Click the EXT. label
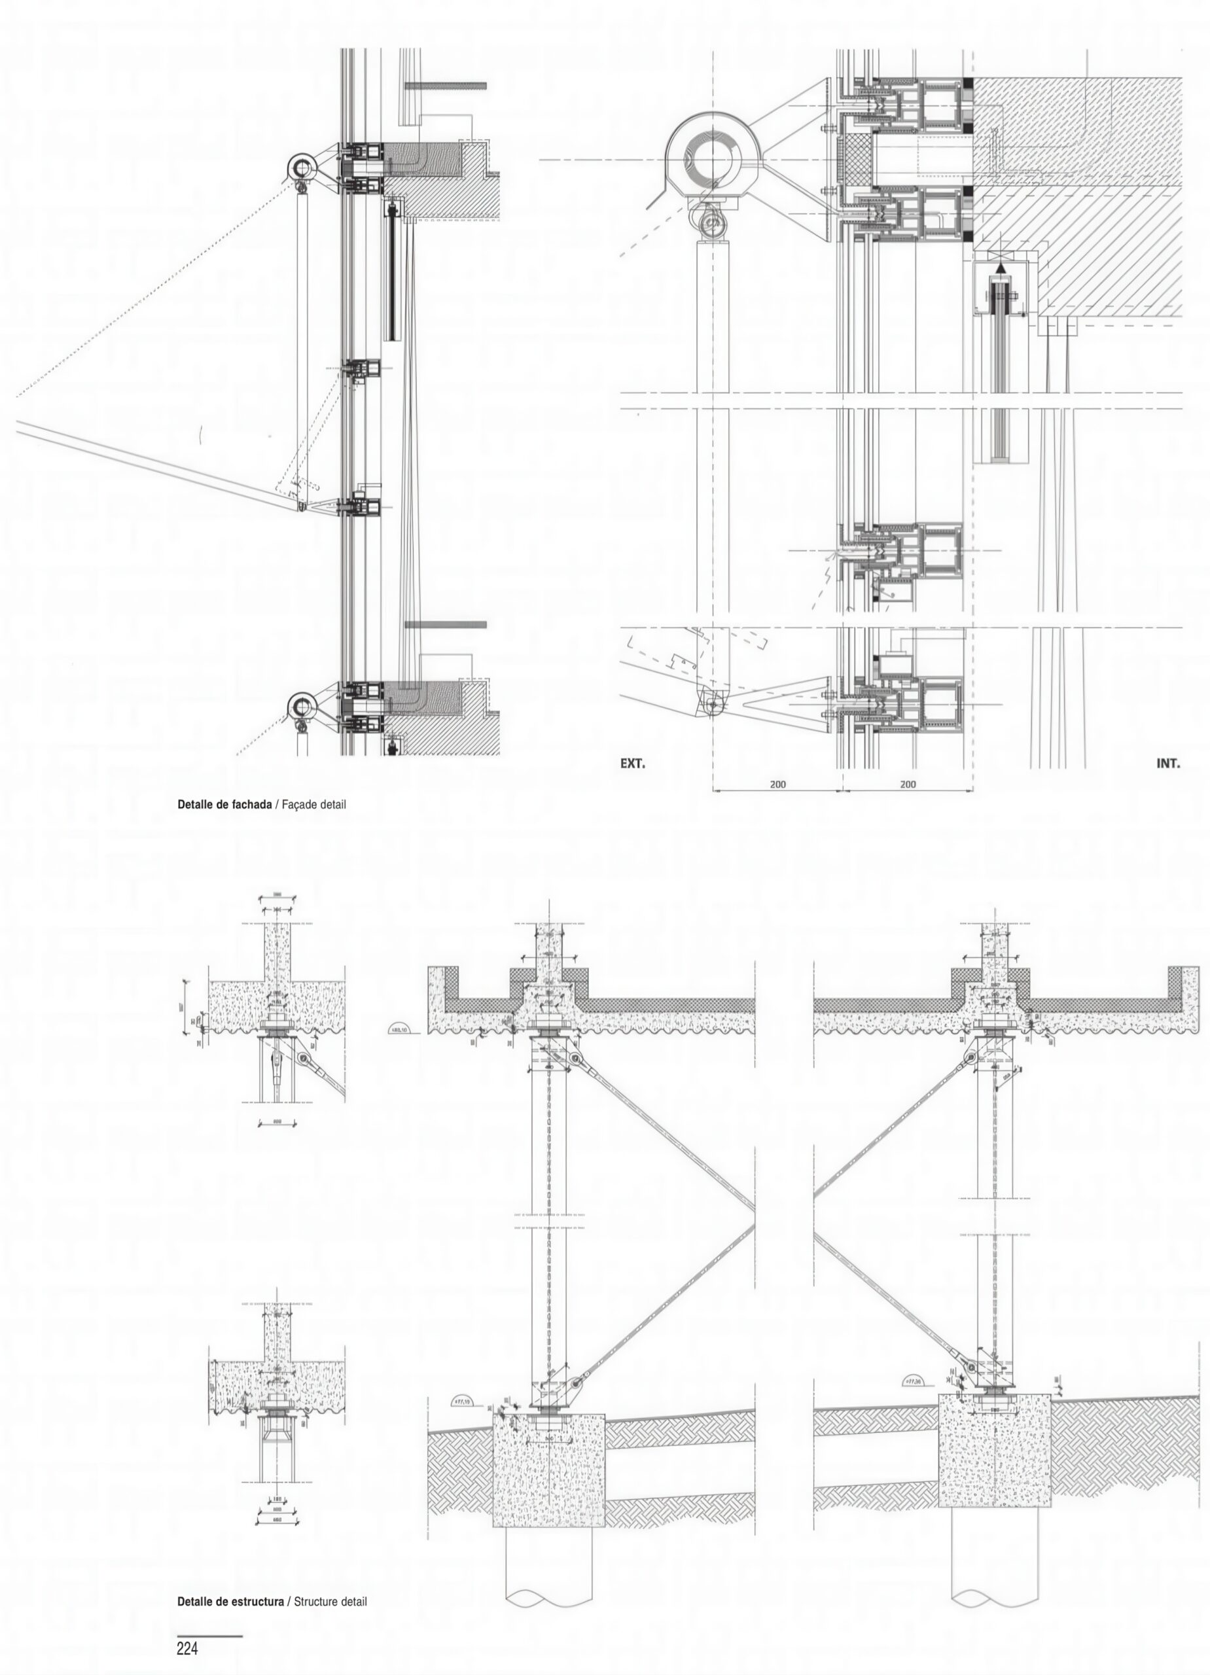point(632,764)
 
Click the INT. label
point(1168,764)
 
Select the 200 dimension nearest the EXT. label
point(778,785)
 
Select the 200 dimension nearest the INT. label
point(908,785)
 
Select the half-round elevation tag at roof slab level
point(402,1029)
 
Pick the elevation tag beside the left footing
point(465,1400)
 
